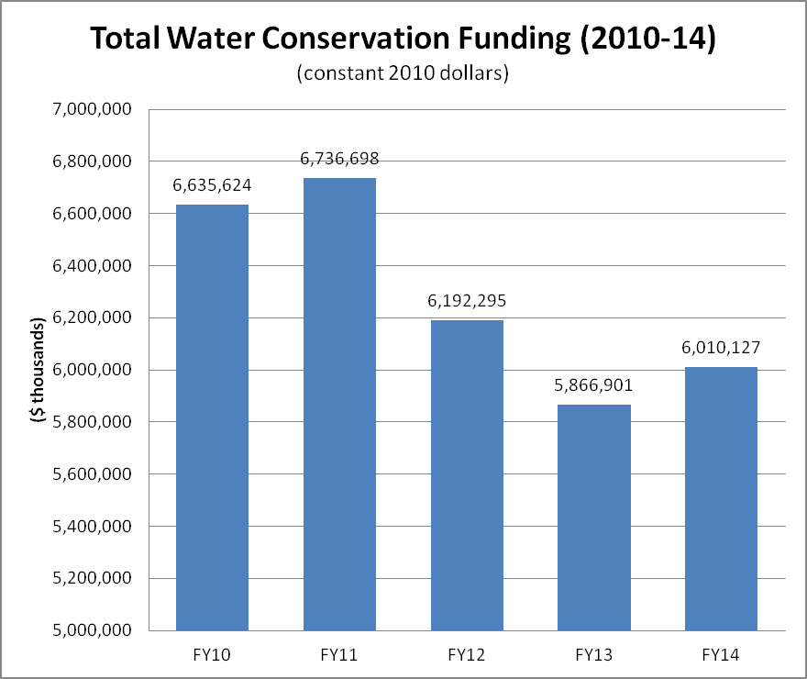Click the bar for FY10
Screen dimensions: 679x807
click(x=212, y=417)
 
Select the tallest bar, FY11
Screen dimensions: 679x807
click(x=339, y=404)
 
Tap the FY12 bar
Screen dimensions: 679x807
click(x=467, y=475)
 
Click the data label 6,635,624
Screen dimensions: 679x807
click(x=212, y=186)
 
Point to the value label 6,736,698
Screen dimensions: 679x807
click(x=339, y=160)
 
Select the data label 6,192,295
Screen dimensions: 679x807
click(x=467, y=301)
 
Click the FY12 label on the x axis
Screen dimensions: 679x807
click(x=467, y=654)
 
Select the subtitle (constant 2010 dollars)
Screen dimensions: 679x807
click(x=403, y=74)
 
